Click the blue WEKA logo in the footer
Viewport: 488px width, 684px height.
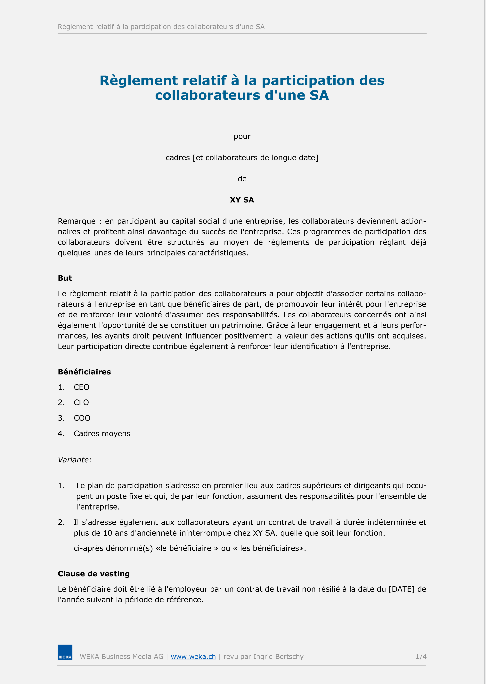(x=65, y=652)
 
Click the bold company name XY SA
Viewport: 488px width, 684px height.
(x=242, y=200)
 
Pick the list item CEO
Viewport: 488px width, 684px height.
(x=81, y=387)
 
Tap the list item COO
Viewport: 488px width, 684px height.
(x=82, y=418)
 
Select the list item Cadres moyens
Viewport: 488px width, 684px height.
(x=102, y=433)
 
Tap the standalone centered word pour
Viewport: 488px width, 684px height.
(x=242, y=137)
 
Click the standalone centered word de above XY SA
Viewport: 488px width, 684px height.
(x=242, y=179)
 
